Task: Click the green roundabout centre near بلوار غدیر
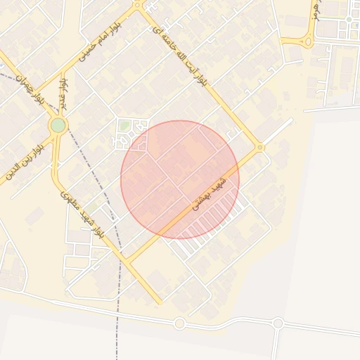point(58,125)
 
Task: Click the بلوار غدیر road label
point(64,92)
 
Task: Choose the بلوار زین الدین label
point(25,159)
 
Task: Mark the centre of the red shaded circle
point(180,179)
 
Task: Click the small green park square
point(124,126)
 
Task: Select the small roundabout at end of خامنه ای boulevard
point(260,147)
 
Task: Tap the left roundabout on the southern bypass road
point(179,323)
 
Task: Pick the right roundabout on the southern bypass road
point(278,323)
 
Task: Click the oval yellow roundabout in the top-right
point(308,41)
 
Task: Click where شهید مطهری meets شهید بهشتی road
point(127,262)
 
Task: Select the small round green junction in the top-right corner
point(348,19)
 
